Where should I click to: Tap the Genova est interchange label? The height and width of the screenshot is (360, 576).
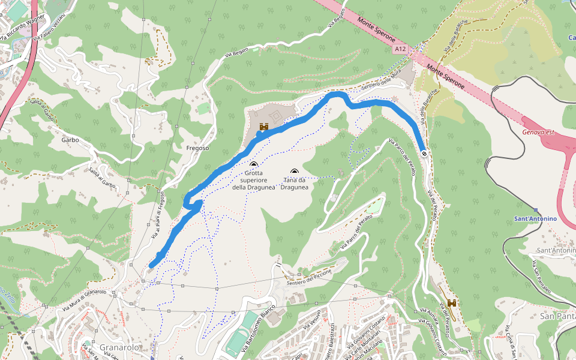[x=537, y=132]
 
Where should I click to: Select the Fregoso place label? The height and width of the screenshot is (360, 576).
[x=197, y=148]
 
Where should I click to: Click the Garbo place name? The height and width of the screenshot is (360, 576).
[x=70, y=140]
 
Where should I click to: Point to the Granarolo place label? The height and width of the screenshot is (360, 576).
[x=120, y=347]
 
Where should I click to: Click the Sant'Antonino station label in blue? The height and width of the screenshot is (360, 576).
[x=536, y=218]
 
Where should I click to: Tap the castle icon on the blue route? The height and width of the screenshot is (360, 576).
[x=263, y=127]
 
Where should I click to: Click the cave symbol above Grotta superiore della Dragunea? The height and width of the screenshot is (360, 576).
[x=254, y=164]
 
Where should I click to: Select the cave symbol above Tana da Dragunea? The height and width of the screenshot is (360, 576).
[x=294, y=172]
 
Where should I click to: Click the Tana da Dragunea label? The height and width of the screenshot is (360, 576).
[x=294, y=183]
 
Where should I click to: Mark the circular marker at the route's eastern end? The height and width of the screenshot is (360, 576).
[x=424, y=154]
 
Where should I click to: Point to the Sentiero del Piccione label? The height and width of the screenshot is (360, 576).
[x=310, y=278]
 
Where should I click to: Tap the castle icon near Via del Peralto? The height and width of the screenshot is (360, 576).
[x=452, y=304]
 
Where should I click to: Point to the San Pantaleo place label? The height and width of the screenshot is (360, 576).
[x=557, y=316]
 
